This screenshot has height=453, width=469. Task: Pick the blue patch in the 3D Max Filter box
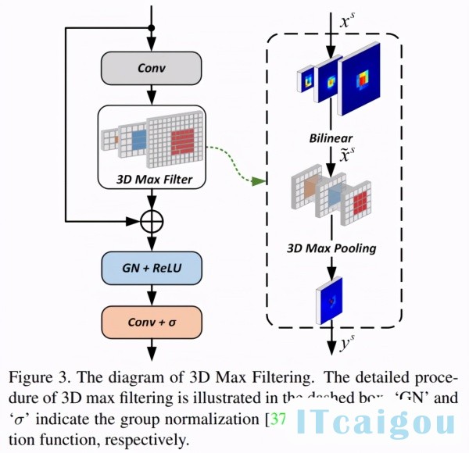[x=138, y=140]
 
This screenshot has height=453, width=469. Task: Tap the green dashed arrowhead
[x=259, y=182]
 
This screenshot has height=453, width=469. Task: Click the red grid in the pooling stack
[x=361, y=203]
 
